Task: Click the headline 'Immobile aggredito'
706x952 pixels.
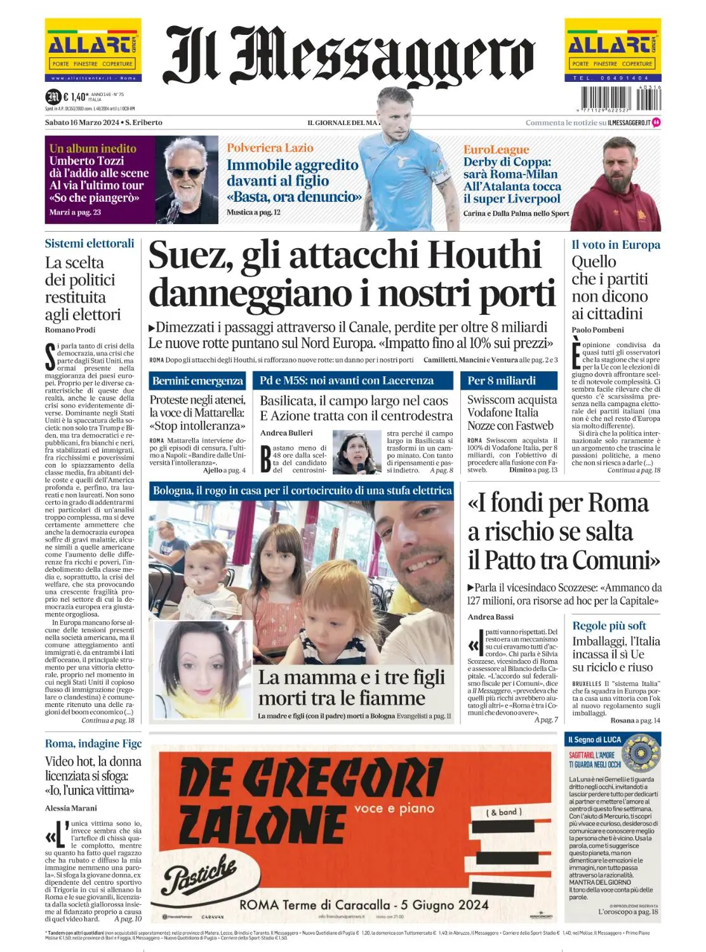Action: [292, 165]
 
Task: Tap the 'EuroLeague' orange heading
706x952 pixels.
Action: [496, 150]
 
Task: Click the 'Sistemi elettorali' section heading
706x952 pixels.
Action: [90, 243]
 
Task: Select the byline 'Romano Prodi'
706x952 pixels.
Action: [70, 329]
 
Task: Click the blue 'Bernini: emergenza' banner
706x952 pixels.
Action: [197, 381]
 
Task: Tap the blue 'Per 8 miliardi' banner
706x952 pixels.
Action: [502, 381]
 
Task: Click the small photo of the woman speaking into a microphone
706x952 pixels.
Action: [357, 453]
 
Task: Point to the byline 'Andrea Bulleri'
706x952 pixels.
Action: [286, 433]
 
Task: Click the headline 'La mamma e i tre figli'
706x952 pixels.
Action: [351, 677]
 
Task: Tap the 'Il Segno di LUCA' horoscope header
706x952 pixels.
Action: [594, 739]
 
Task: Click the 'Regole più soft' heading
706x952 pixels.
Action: [609, 626]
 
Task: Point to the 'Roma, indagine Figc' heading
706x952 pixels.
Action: [93, 743]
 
